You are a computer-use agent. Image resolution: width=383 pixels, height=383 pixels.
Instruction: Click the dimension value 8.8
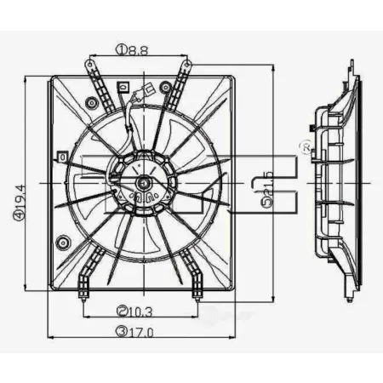pyautogui.click(x=137, y=50)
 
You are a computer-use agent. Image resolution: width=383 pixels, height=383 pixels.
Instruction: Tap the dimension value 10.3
pyautogui.click(x=140, y=312)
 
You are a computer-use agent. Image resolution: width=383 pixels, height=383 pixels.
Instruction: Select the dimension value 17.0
pyautogui.click(x=140, y=332)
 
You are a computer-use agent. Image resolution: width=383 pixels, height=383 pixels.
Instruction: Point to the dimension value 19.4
pyautogui.click(x=20, y=198)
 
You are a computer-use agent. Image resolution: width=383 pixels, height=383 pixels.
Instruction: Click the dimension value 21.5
pyautogui.click(x=267, y=185)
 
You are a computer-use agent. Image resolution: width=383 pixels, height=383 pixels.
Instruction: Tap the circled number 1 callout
pyautogui.click(x=121, y=50)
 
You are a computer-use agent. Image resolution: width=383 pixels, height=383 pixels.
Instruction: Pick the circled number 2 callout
pyautogui.click(x=123, y=312)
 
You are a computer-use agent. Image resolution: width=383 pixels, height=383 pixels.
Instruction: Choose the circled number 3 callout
pyautogui.click(x=122, y=332)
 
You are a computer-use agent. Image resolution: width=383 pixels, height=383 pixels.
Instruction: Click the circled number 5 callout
pyautogui.click(x=267, y=203)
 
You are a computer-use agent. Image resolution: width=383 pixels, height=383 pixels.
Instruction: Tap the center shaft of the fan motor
pyautogui.click(x=144, y=184)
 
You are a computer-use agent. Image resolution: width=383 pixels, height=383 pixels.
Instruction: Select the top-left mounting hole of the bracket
pyautogui.click(x=90, y=65)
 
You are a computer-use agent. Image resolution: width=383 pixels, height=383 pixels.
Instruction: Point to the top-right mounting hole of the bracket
pyautogui.click(x=187, y=65)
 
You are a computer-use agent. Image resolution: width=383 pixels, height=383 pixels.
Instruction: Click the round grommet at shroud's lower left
pyautogui.click(x=63, y=243)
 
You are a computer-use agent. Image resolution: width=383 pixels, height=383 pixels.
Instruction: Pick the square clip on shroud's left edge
pyautogui.click(x=62, y=157)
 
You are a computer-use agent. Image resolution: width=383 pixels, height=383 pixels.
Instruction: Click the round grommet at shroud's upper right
pyautogui.click(x=165, y=87)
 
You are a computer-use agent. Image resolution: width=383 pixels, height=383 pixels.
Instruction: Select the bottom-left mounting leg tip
pyautogui.click(x=83, y=300)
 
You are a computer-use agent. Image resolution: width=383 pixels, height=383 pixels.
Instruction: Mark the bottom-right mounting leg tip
pyautogui.click(x=197, y=300)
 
